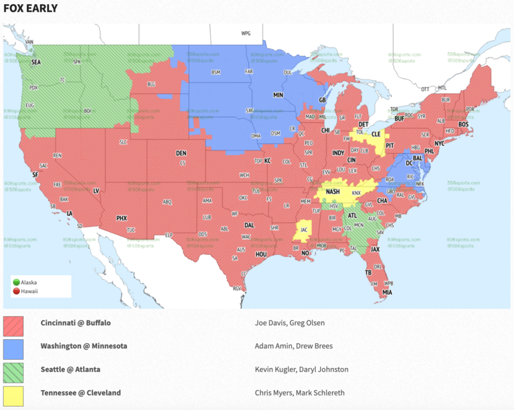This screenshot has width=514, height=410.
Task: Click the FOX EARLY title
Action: coord(30,9)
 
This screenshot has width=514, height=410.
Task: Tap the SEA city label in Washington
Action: coord(35,62)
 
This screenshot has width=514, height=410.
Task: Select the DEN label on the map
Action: coord(181,153)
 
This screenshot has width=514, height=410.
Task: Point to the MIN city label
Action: coord(278,96)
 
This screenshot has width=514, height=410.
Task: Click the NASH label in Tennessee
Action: coord(333,192)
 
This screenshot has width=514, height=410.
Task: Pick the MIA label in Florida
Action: coord(388,292)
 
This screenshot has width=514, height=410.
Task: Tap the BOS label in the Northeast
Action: coord(463,124)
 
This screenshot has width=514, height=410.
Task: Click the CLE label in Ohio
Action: coord(375,133)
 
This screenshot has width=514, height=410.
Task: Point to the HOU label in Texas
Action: coord(261,254)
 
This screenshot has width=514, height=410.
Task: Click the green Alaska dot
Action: coord(17,282)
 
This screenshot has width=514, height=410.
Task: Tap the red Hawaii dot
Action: coord(17,290)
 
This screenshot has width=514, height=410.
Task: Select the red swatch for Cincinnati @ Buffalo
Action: coord(13,326)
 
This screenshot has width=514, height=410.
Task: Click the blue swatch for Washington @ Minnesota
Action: coord(13,349)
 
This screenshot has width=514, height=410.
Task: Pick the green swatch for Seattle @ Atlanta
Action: coord(13,373)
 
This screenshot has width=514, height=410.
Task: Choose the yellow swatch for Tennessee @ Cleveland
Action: coord(13,395)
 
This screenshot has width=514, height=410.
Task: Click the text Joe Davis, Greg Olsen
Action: coord(289,323)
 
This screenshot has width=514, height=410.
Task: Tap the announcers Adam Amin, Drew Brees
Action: coord(293,346)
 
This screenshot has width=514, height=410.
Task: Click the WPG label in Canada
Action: coord(246,33)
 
